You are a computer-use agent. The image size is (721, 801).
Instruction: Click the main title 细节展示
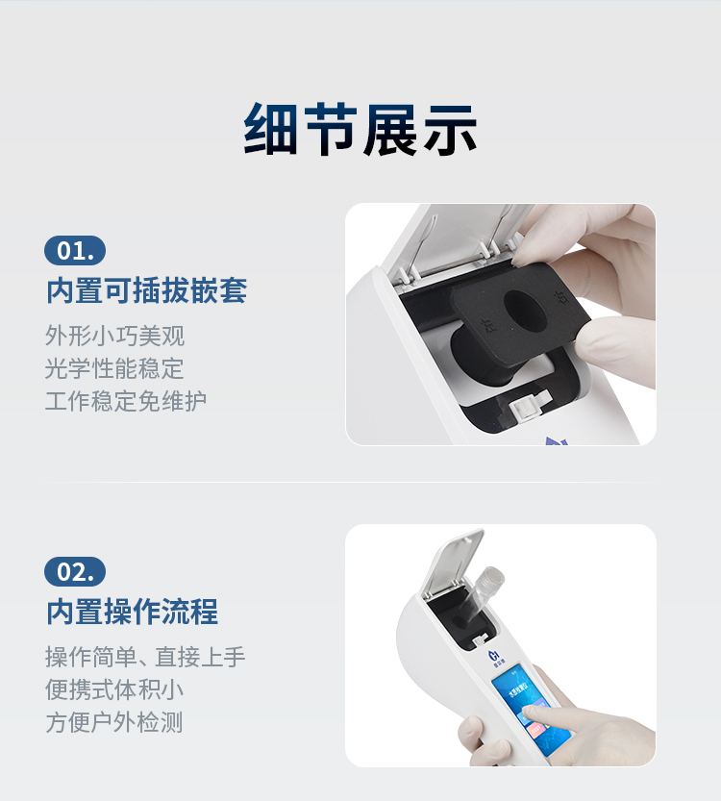pyautogui.click(x=360, y=129)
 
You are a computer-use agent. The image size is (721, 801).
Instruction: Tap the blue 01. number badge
pyautogui.click(x=75, y=251)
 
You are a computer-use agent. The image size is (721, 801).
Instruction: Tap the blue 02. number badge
pyautogui.click(x=75, y=571)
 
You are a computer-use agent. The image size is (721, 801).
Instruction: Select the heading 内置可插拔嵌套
pyautogui.click(x=146, y=290)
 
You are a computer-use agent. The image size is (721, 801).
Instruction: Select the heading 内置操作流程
pyautogui.click(x=132, y=612)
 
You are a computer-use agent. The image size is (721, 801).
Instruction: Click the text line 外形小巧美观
pyautogui.click(x=114, y=336)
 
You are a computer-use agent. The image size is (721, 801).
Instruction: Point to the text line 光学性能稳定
pyautogui.click(x=114, y=368)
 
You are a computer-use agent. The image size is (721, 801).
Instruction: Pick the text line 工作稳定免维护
pyautogui.click(x=126, y=401)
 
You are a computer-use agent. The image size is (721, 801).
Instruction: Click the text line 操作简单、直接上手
pyautogui.click(x=145, y=657)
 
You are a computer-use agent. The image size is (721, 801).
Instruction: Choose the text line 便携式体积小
pyautogui.click(x=114, y=689)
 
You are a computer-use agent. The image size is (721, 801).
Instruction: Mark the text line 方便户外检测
pyautogui.click(x=114, y=722)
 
